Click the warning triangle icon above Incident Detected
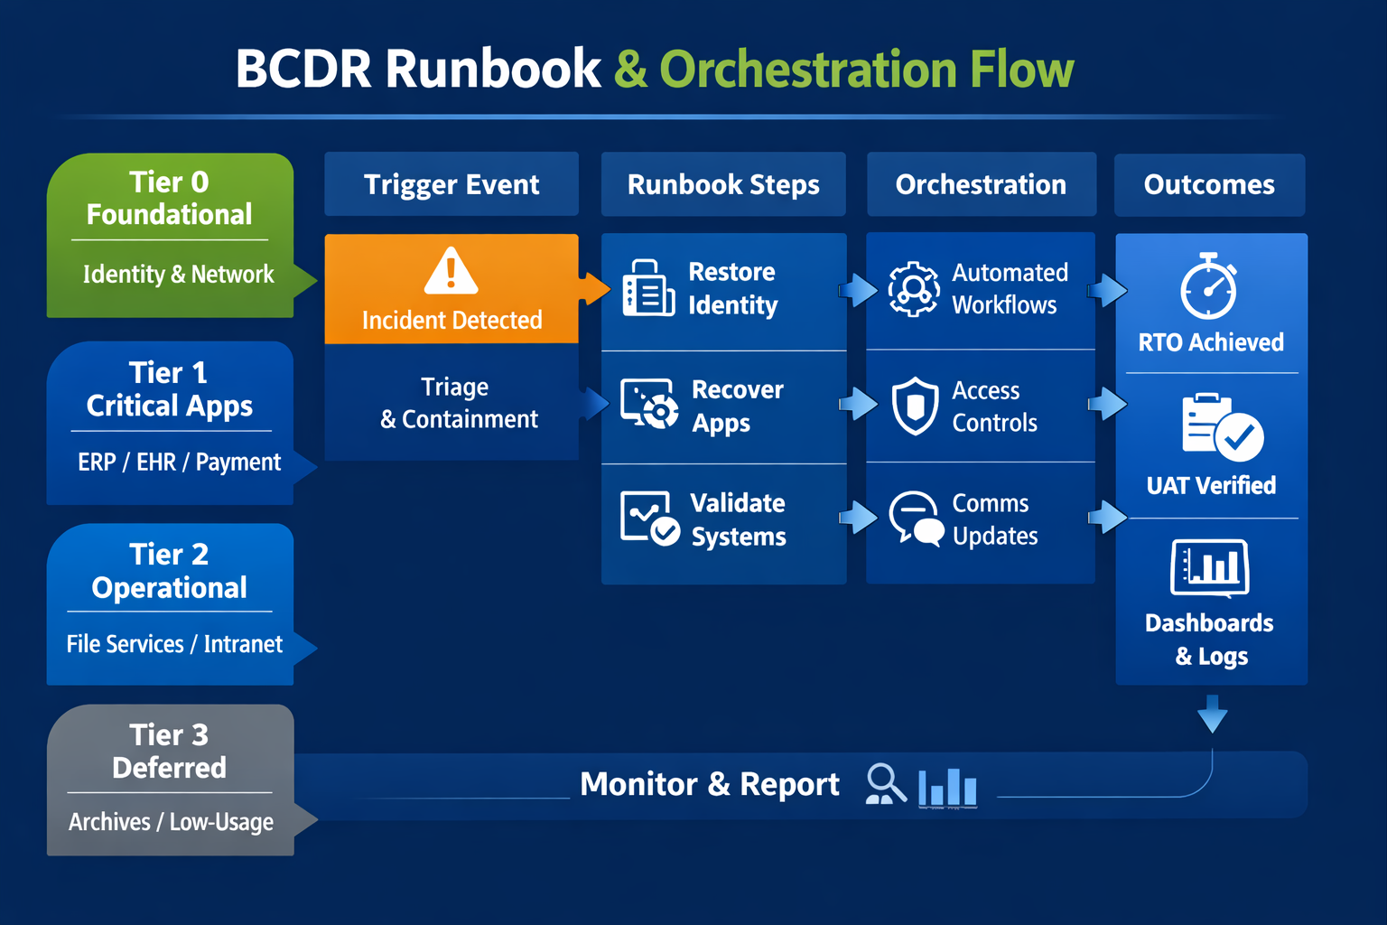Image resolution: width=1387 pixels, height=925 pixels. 451,271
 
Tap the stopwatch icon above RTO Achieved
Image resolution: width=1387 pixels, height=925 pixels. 1209,287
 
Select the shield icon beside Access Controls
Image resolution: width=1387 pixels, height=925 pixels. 915,406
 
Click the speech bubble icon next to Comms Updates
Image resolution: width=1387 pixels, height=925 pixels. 916,519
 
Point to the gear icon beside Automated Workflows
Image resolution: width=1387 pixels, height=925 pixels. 914,289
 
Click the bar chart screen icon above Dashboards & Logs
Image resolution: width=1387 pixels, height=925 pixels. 1210,568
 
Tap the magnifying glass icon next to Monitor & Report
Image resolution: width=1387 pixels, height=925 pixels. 885,784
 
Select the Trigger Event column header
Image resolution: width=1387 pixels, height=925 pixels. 451,184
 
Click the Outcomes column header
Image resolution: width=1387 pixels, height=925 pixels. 1209,184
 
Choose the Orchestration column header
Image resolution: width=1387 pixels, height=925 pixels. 981,184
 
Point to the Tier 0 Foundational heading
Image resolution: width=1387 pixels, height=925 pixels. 169,198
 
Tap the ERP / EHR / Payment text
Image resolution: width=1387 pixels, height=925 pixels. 179,462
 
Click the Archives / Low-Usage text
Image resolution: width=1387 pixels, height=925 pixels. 171,822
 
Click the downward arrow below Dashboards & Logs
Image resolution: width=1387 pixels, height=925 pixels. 1212,714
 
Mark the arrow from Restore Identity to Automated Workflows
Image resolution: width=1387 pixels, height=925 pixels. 857,290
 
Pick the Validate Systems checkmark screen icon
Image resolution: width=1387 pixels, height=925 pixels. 649,519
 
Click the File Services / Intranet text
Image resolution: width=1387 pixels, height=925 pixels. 174,644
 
